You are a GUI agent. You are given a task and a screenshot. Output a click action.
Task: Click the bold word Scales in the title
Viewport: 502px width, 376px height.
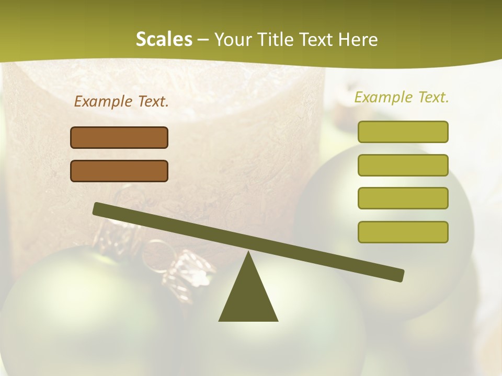coord(164,39)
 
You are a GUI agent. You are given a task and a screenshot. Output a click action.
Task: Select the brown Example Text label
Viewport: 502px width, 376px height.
coord(121,101)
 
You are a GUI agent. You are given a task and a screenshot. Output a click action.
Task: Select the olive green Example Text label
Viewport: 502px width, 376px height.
coord(402,97)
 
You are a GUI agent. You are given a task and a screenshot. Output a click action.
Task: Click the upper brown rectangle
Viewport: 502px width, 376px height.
coord(119,137)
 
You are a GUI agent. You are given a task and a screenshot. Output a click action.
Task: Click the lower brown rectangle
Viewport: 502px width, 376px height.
coord(119,171)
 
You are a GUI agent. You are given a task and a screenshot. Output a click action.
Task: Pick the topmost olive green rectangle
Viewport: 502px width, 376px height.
coord(403,132)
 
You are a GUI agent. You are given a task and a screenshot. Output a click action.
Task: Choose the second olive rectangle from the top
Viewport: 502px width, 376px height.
coord(403,165)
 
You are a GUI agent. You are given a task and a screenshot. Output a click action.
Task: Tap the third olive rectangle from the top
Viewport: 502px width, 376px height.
coord(403,198)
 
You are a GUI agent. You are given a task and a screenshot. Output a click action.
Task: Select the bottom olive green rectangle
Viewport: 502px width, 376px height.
coord(403,232)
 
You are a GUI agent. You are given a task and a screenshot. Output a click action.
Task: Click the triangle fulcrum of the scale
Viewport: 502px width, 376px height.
coord(248,295)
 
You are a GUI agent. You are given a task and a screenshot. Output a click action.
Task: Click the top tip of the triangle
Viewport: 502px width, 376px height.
coord(248,253)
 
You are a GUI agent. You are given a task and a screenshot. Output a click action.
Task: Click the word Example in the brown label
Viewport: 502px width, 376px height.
coord(103,101)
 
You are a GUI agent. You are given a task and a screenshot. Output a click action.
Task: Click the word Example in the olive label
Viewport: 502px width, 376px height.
coord(383,97)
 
